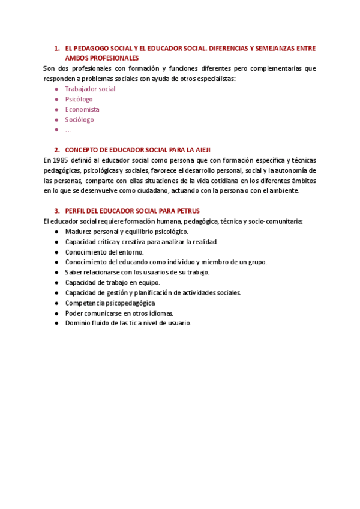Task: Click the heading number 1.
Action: coord(56,48)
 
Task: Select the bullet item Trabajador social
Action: coord(90,89)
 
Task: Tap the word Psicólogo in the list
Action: coord(79,99)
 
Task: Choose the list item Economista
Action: coord(82,109)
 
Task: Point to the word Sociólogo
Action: coord(79,119)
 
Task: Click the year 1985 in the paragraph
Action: coord(60,160)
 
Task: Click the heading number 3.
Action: coord(56,211)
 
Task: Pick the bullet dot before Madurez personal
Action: coord(56,232)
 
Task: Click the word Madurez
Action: coord(79,232)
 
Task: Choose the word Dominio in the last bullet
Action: coord(78,323)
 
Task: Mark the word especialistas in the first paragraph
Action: coord(214,79)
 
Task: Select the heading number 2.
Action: coord(56,150)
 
